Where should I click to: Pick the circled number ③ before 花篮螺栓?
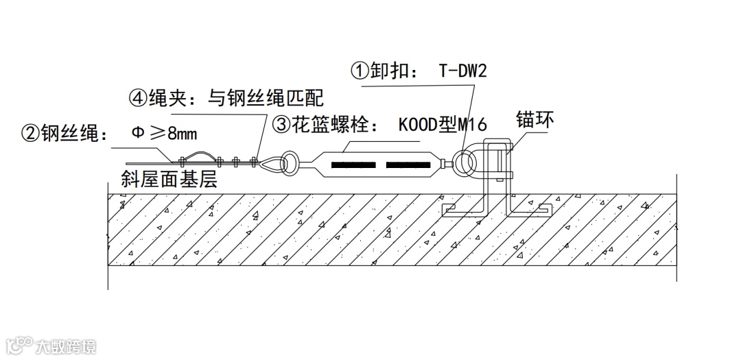click(282, 125)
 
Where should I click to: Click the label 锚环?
click(534, 121)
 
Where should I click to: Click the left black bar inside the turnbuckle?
click(353, 165)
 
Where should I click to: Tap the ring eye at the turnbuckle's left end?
click(289, 163)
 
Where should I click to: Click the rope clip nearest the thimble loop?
click(255, 163)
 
